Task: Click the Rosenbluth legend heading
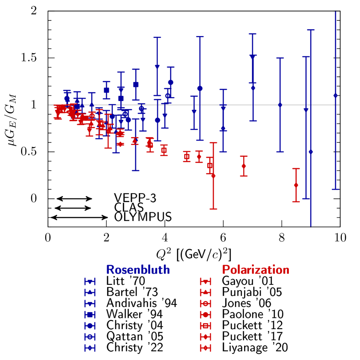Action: (x=138, y=270)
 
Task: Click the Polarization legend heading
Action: (x=255, y=270)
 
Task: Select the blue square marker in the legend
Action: (x=90, y=314)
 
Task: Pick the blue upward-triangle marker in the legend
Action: (x=90, y=292)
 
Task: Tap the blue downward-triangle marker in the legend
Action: (x=90, y=304)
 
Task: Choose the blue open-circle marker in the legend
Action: (x=90, y=337)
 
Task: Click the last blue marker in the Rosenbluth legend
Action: (x=90, y=347)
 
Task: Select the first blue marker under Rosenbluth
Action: (x=90, y=281)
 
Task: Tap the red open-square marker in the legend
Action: (x=206, y=325)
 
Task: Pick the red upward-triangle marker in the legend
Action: (x=206, y=292)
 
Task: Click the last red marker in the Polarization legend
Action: (x=206, y=347)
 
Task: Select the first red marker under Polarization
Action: (x=206, y=281)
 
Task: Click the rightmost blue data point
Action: (x=335, y=95)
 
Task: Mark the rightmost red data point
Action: (x=296, y=185)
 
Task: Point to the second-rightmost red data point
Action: (x=244, y=166)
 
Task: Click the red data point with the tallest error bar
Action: (x=213, y=175)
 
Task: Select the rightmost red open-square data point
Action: (x=210, y=165)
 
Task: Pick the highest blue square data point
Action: (x=136, y=84)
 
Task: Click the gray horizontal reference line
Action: (x=260, y=105)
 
